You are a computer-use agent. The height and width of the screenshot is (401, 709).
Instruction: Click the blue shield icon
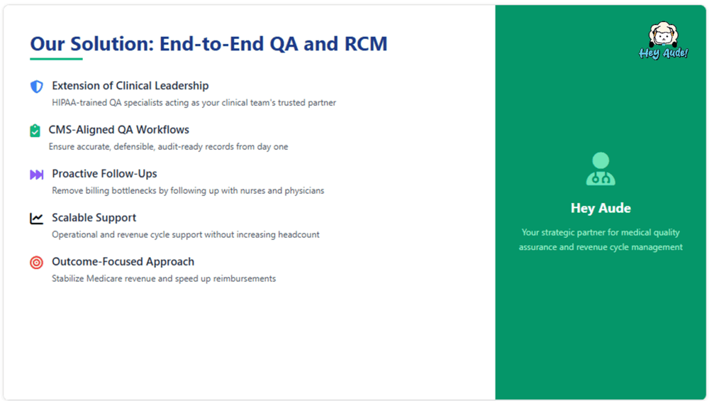point(37,86)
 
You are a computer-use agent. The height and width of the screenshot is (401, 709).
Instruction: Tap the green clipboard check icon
point(35,131)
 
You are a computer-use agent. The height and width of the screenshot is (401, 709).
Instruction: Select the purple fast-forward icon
point(37,175)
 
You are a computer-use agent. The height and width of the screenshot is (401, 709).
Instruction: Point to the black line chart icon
point(37,218)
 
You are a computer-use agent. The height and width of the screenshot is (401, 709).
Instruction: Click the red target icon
point(37,262)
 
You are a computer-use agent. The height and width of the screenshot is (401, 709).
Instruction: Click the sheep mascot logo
point(664,40)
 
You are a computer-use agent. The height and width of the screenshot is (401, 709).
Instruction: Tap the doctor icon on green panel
point(601,168)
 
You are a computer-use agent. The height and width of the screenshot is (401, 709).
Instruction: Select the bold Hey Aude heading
point(601,208)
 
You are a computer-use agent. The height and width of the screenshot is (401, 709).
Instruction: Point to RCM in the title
point(366,44)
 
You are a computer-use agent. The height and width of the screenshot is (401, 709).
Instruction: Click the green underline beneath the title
point(56,59)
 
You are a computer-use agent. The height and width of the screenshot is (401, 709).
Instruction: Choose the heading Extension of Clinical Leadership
point(130,86)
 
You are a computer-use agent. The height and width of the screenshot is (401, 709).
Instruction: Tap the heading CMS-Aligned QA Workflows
point(119,129)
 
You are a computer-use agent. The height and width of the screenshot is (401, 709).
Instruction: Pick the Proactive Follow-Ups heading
point(104,173)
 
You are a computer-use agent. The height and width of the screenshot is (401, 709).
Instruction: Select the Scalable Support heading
point(94,218)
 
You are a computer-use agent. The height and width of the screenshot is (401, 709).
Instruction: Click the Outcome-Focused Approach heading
point(123,262)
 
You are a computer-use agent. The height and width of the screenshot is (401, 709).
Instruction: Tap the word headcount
point(298,234)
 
